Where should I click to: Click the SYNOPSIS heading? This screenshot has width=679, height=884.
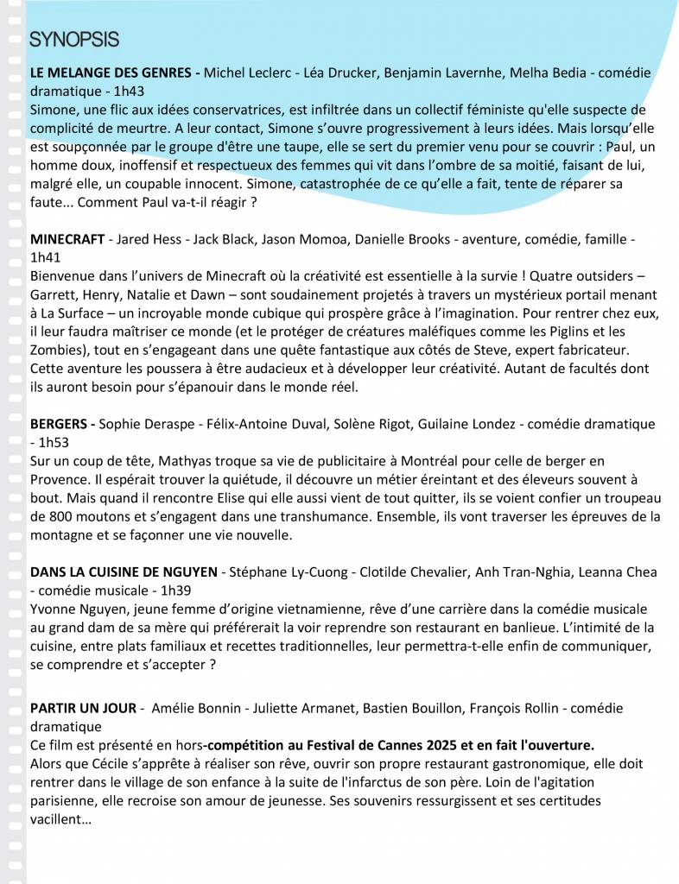point(74,40)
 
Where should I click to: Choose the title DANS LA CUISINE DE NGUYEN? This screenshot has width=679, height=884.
point(125,572)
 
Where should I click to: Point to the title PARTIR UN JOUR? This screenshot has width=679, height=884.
point(83,708)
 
